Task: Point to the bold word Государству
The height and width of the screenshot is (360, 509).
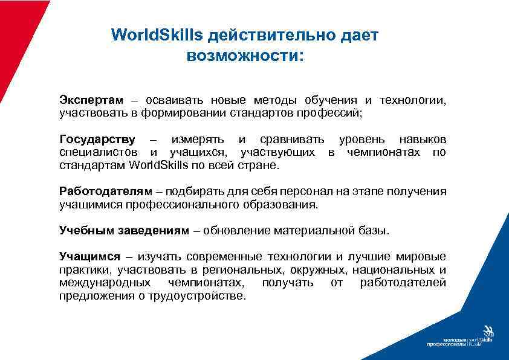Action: pyautogui.click(x=97, y=140)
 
